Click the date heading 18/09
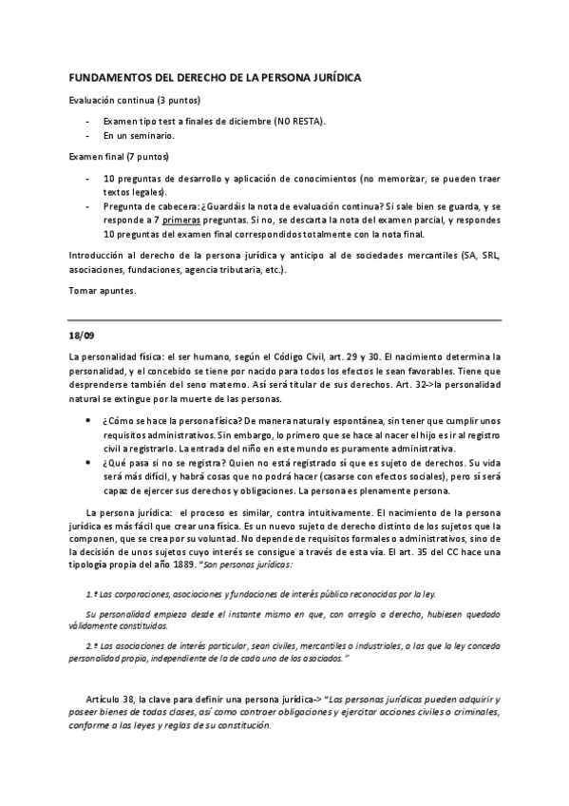[82, 336]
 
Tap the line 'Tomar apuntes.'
[103, 292]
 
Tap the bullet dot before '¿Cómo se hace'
[88, 418]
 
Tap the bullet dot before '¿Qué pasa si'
[88, 459]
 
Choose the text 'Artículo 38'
[109, 699]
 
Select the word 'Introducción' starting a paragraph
[97, 257]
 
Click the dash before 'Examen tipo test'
[87, 121]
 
